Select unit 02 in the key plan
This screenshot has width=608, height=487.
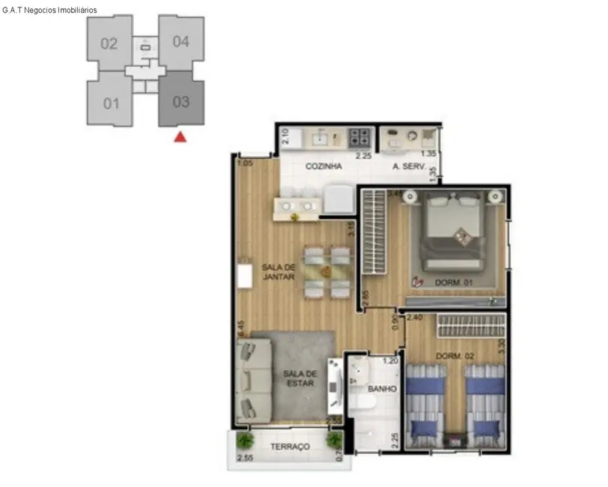pos(109,43)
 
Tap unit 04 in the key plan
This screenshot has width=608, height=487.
pos(181,41)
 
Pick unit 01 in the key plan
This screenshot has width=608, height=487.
pos(111,103)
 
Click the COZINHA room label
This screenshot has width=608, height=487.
pos(323,166)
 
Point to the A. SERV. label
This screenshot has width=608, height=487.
pos(409,167)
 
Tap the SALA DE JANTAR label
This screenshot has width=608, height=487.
pos(278,272)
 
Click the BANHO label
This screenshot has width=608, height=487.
pos(381,389)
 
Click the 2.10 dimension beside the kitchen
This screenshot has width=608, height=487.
pos(285,136)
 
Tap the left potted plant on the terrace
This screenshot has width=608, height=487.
pos(245,441)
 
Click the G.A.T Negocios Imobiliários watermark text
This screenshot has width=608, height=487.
pos(49,10)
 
